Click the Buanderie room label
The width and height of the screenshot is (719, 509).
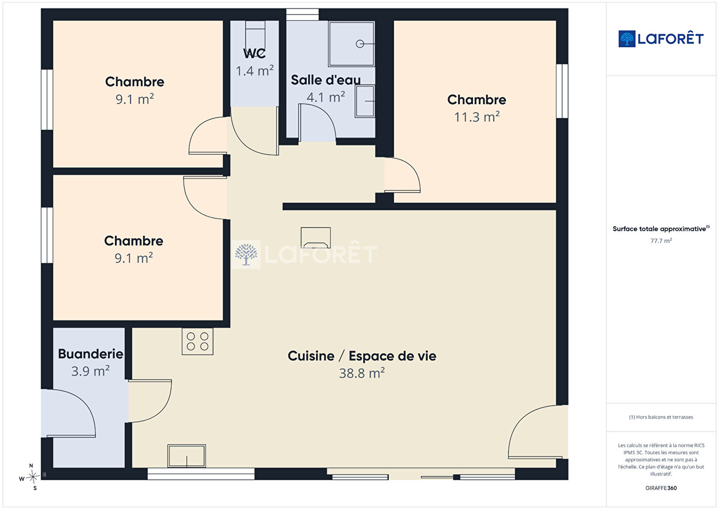90,354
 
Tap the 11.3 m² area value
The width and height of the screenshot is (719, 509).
477,117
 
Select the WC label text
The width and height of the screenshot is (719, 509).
254,54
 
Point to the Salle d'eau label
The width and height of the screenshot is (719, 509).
326,80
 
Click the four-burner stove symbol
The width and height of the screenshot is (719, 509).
197,341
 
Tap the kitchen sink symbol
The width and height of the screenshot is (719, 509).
187,456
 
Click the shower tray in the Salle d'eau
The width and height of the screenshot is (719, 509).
351,44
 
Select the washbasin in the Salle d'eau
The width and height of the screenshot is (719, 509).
365,101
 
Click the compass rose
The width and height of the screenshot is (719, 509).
33,477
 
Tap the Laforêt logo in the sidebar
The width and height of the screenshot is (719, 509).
661,39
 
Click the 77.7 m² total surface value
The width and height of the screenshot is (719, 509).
661,241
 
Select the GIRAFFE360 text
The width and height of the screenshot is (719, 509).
661,488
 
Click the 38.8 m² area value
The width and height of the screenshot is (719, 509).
362,373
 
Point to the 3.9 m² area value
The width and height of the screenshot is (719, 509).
90,371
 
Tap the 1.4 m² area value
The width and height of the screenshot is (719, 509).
254,71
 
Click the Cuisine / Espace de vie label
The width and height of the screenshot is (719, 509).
362,356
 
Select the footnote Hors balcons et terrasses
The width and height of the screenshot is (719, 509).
661,417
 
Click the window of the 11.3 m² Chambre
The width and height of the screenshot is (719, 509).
562,91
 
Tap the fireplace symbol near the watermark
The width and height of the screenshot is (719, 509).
316,238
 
